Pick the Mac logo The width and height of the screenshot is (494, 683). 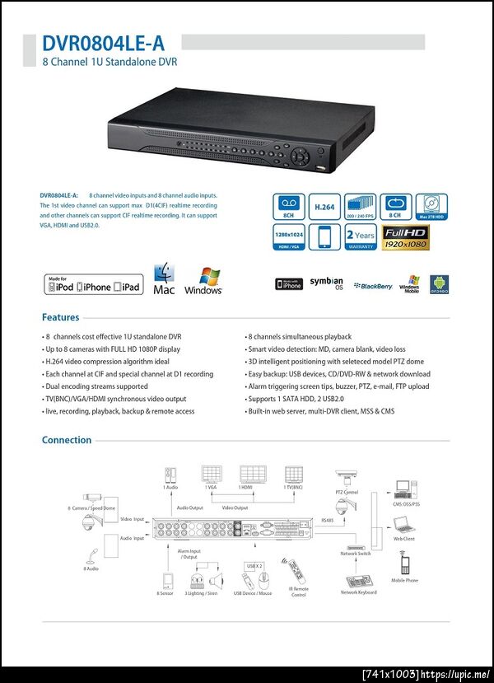point(164,281)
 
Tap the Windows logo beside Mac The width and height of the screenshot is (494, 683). point(203,281)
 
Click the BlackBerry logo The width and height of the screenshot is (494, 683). point(374,285)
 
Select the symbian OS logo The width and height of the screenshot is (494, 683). point(326,283)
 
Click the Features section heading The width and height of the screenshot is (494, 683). point(61,317)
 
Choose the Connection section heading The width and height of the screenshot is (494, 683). point(67,440)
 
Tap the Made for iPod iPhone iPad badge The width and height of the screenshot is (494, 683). point(92,284)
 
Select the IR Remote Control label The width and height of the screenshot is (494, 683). point(299,591)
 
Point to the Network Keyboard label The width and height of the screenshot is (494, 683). point(359,592)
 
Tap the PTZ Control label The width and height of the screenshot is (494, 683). point(347,492)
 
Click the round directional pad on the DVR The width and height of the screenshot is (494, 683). point(304,154)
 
